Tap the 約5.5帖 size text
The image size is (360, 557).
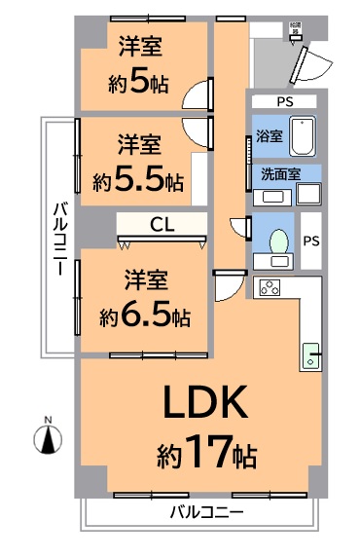[138, 180]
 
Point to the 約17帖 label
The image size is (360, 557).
[206, 453]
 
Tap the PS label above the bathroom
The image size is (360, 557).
[283, 101]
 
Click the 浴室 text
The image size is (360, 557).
[270, 137]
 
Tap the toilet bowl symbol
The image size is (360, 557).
[280, 240]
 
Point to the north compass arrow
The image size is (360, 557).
[45, 439]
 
